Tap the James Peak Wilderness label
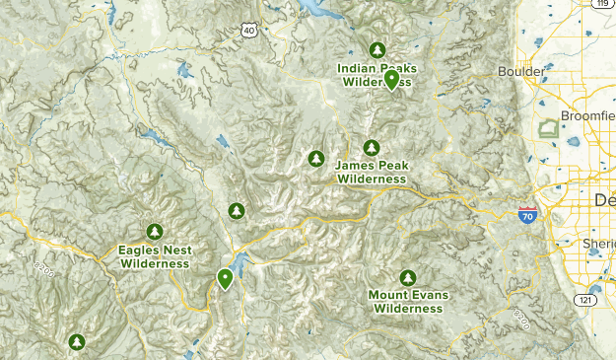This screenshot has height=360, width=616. pos(371,172)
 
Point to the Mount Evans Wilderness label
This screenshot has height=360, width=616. pos(407,301)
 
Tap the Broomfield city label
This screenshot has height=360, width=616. pos(587,115)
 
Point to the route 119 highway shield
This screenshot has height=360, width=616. pos(600,5)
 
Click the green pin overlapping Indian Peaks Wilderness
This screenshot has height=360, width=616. pos(392,79)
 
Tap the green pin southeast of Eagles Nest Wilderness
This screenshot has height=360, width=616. pos(226,278)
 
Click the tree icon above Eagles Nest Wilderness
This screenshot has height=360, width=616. pos(154,232)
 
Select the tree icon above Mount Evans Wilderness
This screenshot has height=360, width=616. pos(407,277)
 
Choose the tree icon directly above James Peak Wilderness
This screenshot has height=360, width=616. pos(371,148)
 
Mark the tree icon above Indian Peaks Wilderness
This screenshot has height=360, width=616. pos(376,49)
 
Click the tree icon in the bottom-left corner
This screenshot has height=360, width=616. pos(76,342)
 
